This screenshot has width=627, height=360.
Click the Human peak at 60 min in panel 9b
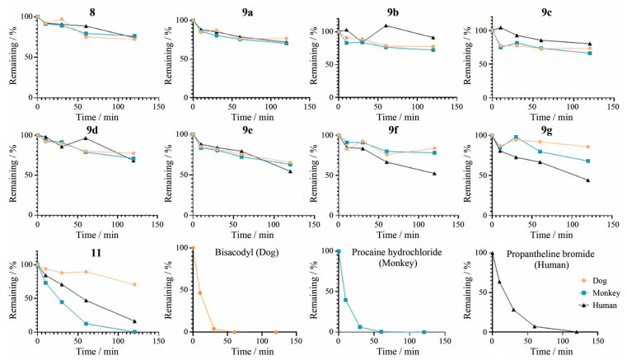point(386,26)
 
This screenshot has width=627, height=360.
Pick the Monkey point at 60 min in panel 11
point(86,324)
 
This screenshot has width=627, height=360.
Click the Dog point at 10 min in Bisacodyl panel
point(199,293)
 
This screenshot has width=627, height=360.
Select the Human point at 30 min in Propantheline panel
point(512,310)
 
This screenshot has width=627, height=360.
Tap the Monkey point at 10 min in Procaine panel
point(344,300)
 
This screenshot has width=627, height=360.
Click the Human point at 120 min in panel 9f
point(434,174)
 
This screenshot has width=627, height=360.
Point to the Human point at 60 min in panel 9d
point(86,138)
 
